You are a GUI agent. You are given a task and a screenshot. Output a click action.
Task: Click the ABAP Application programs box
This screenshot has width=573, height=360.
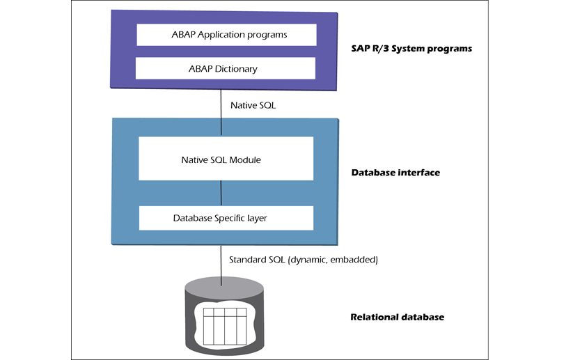[x=226, y=34]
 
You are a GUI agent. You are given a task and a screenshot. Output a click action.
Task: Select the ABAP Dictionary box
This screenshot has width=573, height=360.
[x=226, y=68]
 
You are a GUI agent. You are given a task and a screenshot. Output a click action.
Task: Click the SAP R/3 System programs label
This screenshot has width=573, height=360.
[x=411, y=49]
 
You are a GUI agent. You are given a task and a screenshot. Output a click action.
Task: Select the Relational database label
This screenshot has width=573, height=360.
[x=396, y=317]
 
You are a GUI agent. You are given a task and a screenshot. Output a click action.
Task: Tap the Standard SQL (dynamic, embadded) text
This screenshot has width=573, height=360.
[x=303, y=259]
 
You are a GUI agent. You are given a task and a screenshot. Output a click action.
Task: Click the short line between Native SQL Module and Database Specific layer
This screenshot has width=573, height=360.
[x=221, y=193]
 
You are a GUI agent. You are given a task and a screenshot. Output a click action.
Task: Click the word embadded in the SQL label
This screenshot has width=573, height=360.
[x=356, y=259]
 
